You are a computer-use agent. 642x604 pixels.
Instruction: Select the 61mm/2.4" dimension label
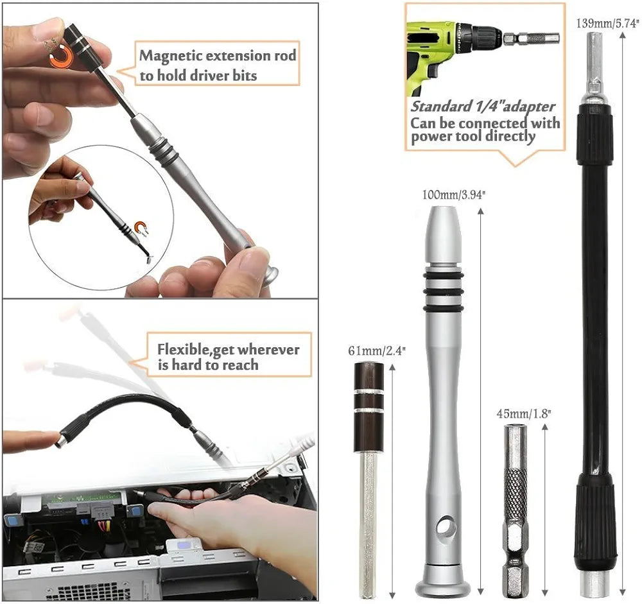pos(369,350)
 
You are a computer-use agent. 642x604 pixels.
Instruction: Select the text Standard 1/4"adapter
pos(483,107)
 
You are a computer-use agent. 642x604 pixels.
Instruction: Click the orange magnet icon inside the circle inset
pos(141,228)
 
